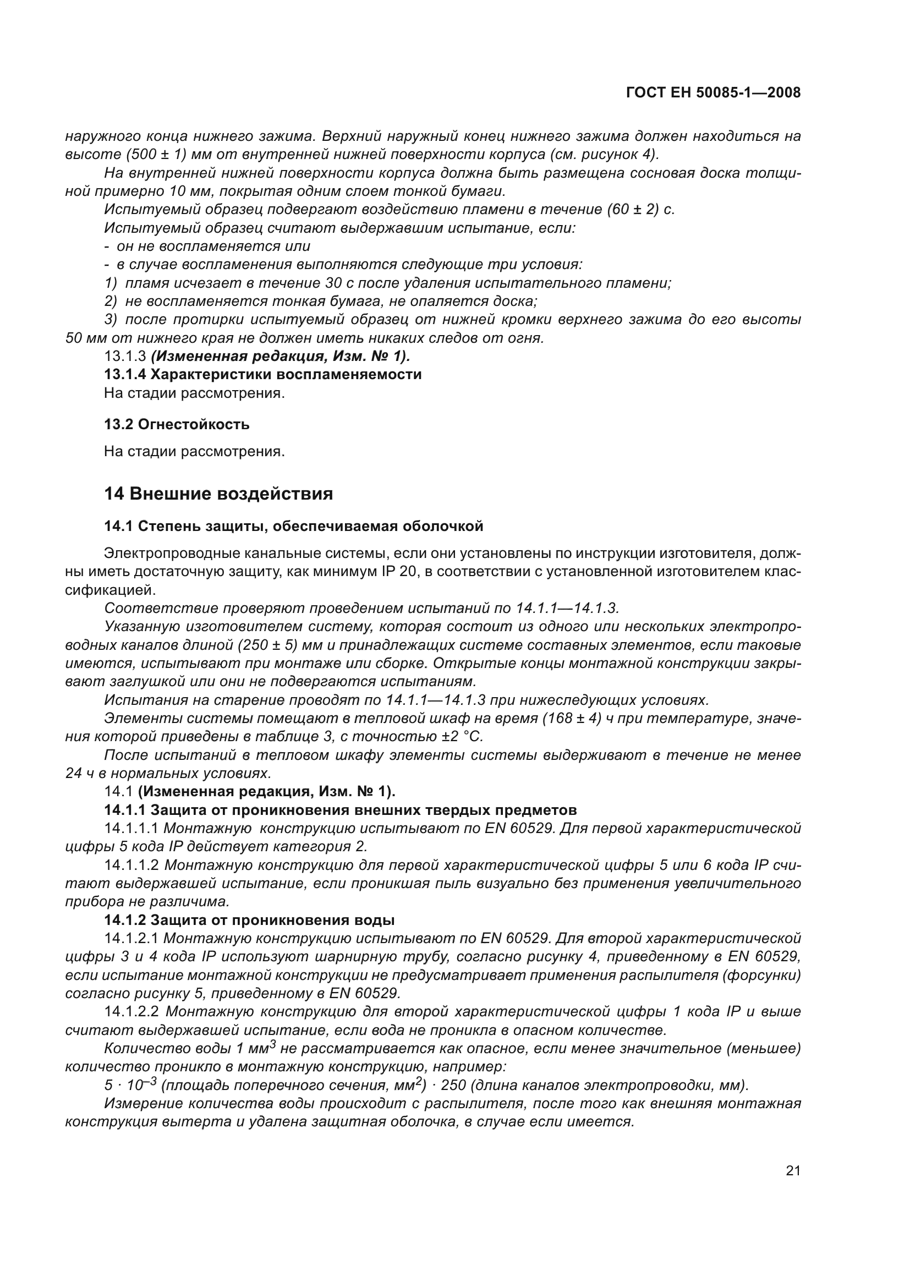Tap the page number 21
tap(793, 1170)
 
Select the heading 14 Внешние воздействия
tap(218, 494)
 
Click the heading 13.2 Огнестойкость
tap(177, 424)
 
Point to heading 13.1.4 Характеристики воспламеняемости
tap(263, 375)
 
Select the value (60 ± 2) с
tap(641, 210)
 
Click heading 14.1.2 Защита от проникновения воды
tap(249, 920)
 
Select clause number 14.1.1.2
tap(132, 866)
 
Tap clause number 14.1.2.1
tap(132, 938)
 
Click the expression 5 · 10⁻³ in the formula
tap(130, 1085)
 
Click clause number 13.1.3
tap(125, 357)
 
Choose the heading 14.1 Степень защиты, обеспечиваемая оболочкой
tap(294, 527)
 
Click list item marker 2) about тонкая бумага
tap(111, 302)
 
